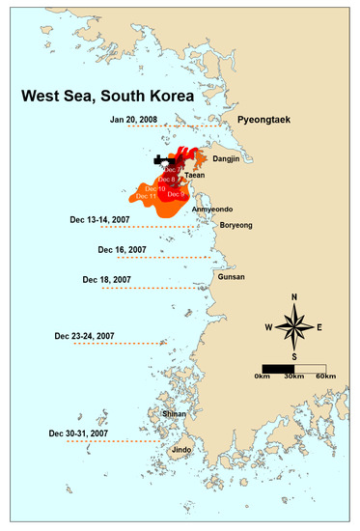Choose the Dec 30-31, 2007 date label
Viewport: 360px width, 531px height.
[x=82, y=433]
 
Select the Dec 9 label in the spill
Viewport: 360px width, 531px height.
[x=176, y=194]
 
